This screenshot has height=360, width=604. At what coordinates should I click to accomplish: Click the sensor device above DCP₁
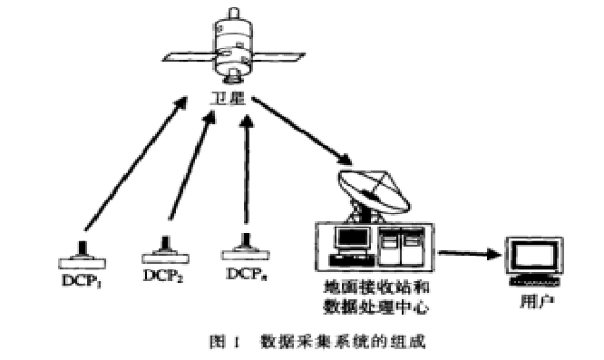[83, 254]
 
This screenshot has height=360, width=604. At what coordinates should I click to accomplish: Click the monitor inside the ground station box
[348, 241]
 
